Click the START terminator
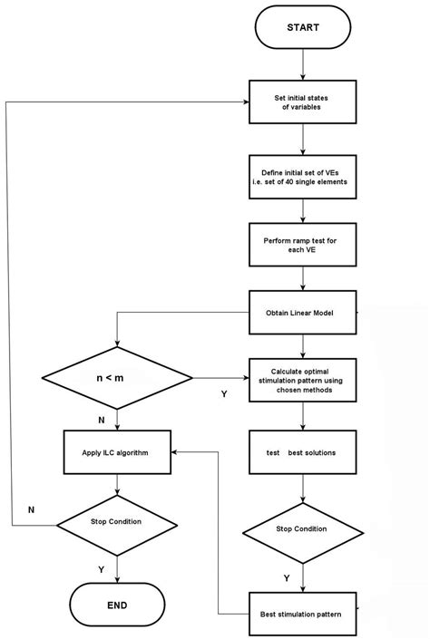(x=303, y=28)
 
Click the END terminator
(x=117, y=605)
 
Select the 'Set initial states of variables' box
(x=303, y=102)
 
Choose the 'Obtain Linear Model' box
(x=303, y=313)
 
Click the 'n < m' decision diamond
(x=117, y=377)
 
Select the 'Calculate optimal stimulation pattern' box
(x=303, y=378)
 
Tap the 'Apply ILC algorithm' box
(x=117, y=450)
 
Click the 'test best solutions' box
(x=303, y=450)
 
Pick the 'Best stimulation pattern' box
(x=303, y=615)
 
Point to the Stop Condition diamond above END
(x=117, y=522)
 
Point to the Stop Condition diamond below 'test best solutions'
(x=303, y=528)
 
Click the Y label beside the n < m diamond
(x=223, y=393)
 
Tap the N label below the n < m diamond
(x=100, y=420)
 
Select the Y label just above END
(x=100, y=568)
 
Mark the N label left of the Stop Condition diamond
(x=32, y=510)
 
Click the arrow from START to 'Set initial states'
(x=303, y=64)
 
